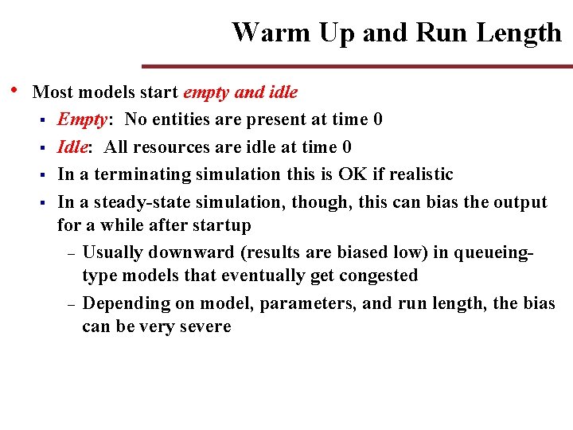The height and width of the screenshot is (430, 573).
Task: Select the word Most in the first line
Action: pyautogui.click(x=52, y=92)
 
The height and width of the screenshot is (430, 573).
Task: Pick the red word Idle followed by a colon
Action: pyautogui.click(x=72, y=147)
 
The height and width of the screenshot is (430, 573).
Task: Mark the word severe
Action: pyautogui.click(x=205, y=326)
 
